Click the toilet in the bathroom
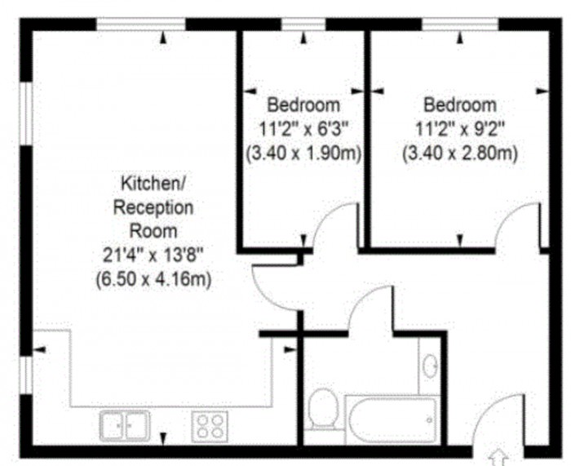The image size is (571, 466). [323, 409]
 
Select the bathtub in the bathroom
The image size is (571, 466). [392, 419]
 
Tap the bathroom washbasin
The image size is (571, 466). [430, 366]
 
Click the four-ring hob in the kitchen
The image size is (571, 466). [210, 427]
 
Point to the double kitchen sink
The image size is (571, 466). [125, 425]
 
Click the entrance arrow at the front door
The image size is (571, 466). [498, 458]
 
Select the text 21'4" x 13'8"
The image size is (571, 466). [153, 255]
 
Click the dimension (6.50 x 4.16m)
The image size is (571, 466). [153, 279]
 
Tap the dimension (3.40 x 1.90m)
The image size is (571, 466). [303, 153]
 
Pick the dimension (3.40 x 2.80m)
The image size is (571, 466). [459, 153]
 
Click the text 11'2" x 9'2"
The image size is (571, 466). [459, 129]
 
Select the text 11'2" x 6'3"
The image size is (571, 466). [303, 129]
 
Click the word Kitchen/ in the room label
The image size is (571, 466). [153, 183]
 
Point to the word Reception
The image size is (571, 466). [153, 207]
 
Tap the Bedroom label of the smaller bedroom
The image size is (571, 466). [303, 105]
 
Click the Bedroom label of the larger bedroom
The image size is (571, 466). [459, 105]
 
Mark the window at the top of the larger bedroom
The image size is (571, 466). [460, 24]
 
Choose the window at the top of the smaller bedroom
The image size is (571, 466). [303, 24]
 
